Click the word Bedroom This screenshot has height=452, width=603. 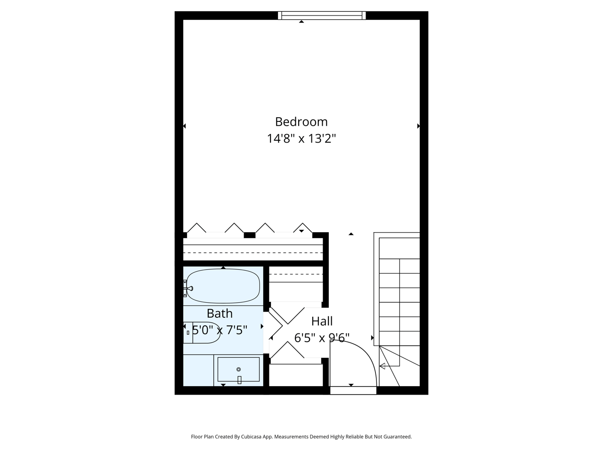[x=301, y=121]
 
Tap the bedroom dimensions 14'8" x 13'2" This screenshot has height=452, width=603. [x=301, y=139]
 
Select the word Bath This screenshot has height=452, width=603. [x=220, y=313]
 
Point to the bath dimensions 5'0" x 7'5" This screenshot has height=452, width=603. [x=220, y=330]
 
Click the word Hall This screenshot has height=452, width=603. [x=322, y=322]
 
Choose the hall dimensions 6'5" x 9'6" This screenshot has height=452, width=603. [x=322, y=338]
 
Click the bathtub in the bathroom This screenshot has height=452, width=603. [x=223, y=286]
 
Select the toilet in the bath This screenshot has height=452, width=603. [x=203, y=332]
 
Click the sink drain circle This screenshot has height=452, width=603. [x=238, y=370]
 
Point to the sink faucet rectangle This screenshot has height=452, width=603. [x=239, y=380]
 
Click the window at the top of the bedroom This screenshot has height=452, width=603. [x=322, y=16]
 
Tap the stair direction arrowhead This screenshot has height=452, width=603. [x=383, y=366]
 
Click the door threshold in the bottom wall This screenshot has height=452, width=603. [x=353, y=390]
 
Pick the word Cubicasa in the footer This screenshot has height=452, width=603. [x=252, y=436]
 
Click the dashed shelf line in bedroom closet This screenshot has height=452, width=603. [x=253, y=252]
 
